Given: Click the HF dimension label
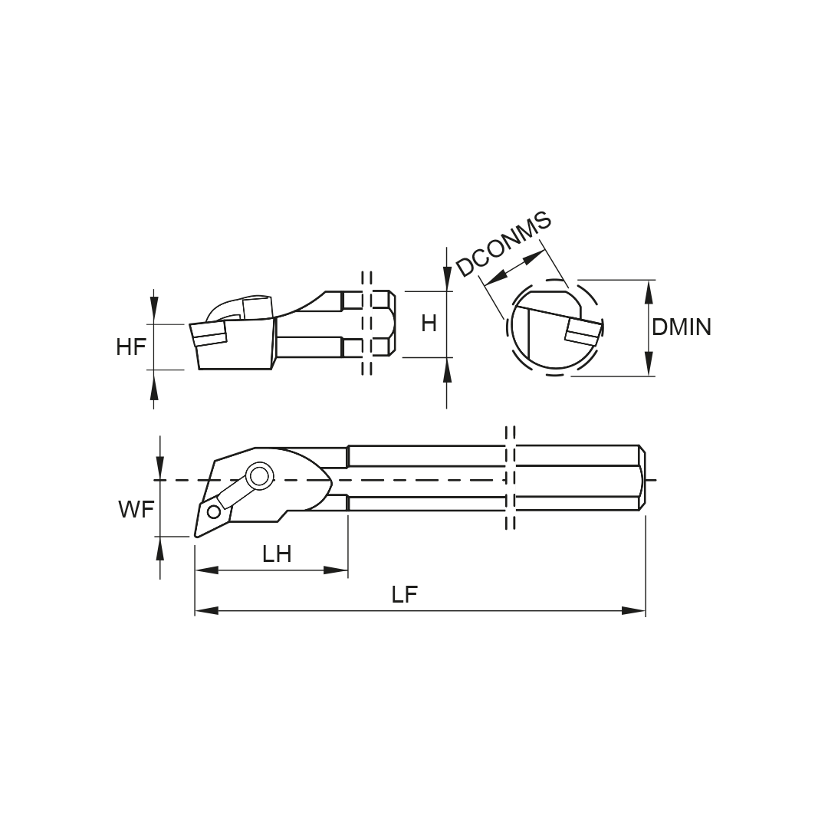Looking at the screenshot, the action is (131, 347).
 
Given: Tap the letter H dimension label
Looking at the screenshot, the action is (429, 324).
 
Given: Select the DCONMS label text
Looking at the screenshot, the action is (504, 244).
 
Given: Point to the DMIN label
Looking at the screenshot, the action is (682, 327).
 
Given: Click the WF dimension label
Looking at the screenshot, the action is (136, 510).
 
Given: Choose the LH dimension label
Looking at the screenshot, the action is (278, 554).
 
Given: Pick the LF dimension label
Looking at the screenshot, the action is (405, 595).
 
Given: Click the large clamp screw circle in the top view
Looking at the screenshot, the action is (259, 477).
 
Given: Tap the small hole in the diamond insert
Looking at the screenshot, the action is (214, 511).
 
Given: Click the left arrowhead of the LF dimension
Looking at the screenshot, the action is (206, 611).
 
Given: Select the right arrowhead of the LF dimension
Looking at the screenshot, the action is (633, 611).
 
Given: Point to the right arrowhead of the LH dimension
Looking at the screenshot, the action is (336, 570).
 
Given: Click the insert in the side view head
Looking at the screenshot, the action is (208, 333).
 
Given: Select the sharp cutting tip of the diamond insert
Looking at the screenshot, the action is (196, 537).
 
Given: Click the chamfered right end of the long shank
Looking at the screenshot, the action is (643, 478).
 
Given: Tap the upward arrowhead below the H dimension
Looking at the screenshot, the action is (447, 370).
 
